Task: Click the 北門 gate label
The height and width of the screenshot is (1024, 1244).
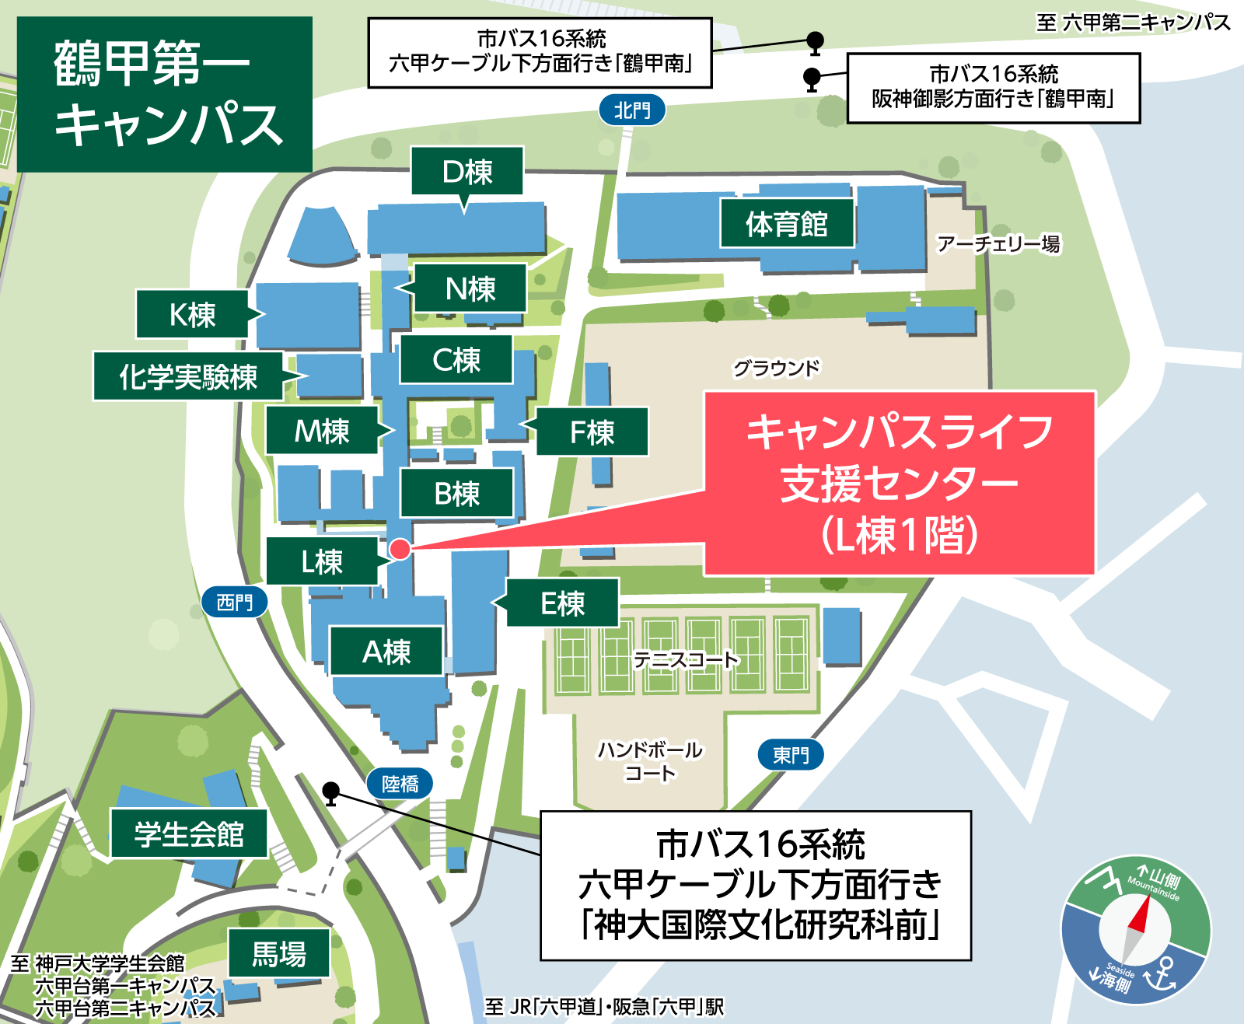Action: coord(632,110)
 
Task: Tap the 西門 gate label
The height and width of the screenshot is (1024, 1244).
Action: coord(234,602)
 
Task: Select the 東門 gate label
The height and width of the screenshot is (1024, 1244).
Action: coord(790,754)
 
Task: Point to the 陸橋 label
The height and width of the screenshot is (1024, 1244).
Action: coord(400,784)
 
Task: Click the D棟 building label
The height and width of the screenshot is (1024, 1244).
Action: coord(466,172)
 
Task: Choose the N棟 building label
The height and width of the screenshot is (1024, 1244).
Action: coord(470,289)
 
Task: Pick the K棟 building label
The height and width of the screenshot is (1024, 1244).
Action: coord(192,315)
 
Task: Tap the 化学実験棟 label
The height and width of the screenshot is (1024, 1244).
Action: coord(187,377)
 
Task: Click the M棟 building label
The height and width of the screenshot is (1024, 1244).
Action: coord(322,431)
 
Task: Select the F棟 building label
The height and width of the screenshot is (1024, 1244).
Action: coord(592,432)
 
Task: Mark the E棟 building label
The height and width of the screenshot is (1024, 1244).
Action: coord(562,603)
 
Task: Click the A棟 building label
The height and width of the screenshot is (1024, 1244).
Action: coord(386,652)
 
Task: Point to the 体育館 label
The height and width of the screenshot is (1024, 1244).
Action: coord(786,224)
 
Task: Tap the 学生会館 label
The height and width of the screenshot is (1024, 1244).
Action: coord(189,834)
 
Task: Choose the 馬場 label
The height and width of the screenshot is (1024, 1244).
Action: coord(278,953)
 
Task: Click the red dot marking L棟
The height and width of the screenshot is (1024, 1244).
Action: coord(400,549)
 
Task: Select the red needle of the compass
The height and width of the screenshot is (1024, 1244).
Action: coord(1141,914)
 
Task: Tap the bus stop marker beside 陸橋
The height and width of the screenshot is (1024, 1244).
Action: coord(331,792)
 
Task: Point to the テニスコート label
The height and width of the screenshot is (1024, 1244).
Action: coord(684,660)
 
